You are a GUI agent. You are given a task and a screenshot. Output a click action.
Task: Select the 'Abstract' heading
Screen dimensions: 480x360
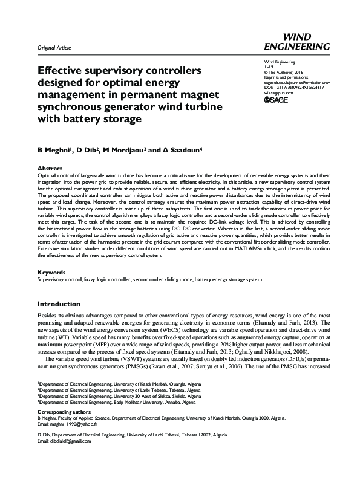click(50, 168)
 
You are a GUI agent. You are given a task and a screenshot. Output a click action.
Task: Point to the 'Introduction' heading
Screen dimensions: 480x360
click(62, 304)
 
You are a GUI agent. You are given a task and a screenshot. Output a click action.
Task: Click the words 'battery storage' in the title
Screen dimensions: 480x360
click(106, 118)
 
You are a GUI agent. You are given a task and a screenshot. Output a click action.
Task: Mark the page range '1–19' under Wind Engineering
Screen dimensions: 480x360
click(269, 67)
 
